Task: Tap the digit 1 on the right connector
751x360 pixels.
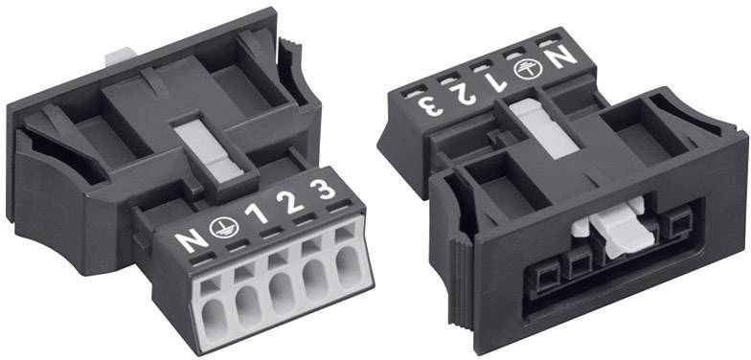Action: [x=496, y=82]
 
